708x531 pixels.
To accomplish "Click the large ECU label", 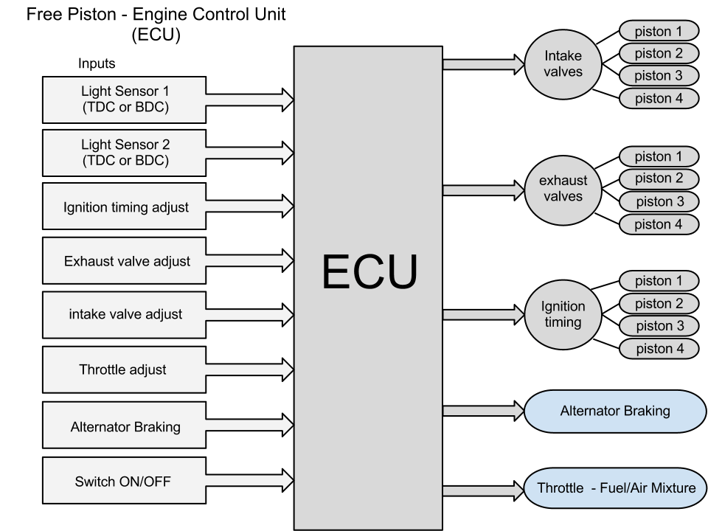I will (x=369, y=273).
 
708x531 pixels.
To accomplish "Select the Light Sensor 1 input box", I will (x=125, y=100).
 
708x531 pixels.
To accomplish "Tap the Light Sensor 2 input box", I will (x=125, y=153).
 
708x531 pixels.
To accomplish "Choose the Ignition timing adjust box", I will (x=125, y=207).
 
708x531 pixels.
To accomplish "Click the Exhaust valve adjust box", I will (x=125, y=261).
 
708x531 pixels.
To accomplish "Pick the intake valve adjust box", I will (x=125, y=315).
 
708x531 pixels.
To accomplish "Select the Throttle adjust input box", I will (x=125, y=369).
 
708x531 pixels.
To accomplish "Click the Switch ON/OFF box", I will (x=125, y=483).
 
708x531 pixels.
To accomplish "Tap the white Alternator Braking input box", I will (x=125, y=426).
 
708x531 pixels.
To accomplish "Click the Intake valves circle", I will (x=563, y=64).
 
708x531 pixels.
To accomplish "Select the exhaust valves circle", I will (x=563, y=189).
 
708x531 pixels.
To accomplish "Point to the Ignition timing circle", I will (x=563, y=314).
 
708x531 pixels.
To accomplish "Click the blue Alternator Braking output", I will (x=615, y=412).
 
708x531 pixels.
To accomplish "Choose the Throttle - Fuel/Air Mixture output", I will (x=615, y=489).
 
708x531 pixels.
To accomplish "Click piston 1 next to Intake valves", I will (x=658, y=31).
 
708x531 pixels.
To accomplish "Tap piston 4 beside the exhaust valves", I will (x=658, y=224).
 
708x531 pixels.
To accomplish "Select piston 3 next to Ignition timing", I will (x=658, y=326).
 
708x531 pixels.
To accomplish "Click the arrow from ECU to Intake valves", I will (x=483, y=65).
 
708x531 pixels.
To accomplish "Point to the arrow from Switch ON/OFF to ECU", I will (x=249, y=482).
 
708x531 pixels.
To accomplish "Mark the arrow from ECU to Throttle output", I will (x=483, y=490).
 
